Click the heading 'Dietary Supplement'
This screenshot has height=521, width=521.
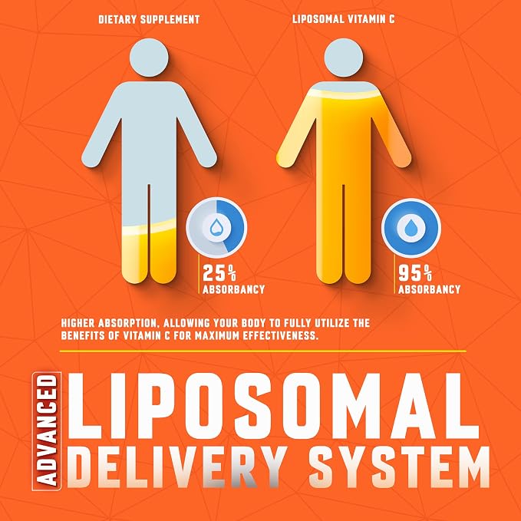(149, 19)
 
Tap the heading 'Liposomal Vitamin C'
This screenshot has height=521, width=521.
(344, 19)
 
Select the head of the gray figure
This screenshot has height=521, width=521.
(149, 58)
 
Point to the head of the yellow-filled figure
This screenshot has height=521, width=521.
(344, 58)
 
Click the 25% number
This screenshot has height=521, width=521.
(219, 273)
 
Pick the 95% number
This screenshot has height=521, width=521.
(415, 273)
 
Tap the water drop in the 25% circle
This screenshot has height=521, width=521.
(216, 227)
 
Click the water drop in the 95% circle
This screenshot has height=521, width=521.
(411, 227)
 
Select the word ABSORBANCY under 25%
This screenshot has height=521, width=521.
(233, 289)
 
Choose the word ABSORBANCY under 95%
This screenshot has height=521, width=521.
(429, 289)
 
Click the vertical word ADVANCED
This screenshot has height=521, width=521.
(47, 430)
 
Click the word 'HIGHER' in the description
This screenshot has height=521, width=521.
(79, 323)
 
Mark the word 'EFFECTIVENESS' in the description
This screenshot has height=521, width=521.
(279, 335)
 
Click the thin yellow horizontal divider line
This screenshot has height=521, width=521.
(263, 351)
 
